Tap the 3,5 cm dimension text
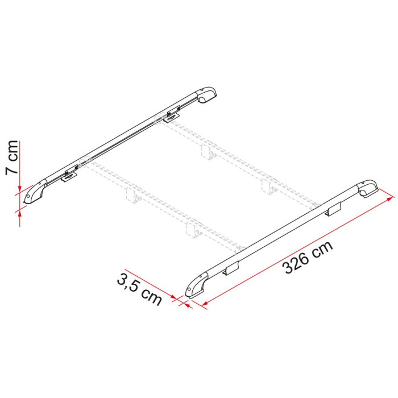139,290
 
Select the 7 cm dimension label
12,157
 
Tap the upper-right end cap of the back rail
206,94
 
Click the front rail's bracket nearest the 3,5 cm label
231,268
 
